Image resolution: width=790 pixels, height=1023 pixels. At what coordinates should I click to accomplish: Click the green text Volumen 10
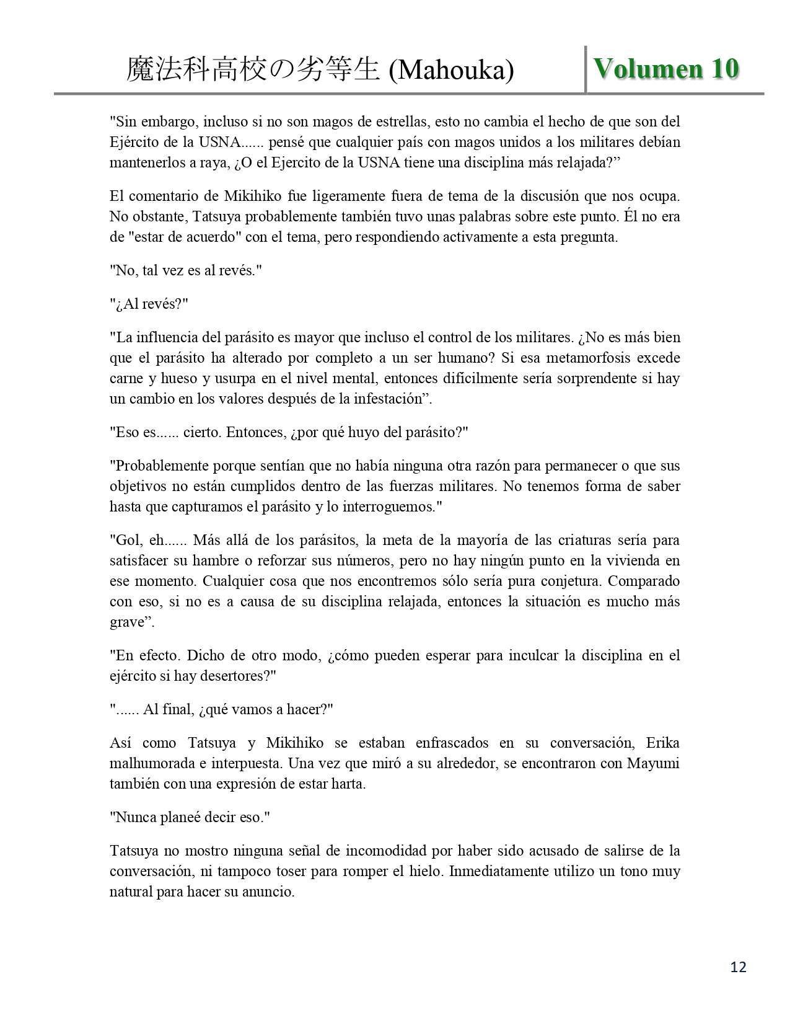click(666, 69)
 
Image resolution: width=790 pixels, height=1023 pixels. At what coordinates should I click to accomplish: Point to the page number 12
click(739, 967)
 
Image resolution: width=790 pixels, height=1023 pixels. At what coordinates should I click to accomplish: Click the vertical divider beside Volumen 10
click(586, 69)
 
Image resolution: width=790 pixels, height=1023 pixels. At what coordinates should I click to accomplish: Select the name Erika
click(662, 743)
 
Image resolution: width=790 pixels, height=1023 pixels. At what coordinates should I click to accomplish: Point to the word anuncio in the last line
click(269, 892)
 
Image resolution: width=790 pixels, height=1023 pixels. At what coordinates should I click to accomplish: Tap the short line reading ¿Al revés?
click(149, 304)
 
